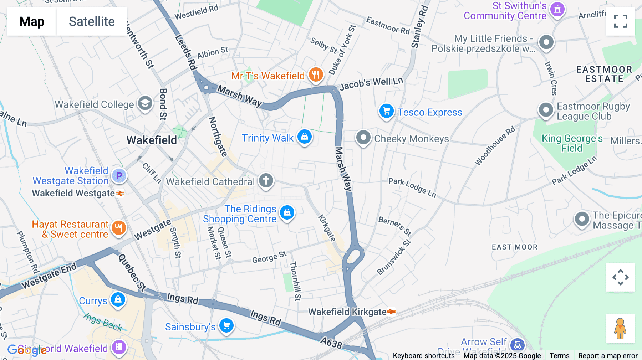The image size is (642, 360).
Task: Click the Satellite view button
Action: click(92, 21)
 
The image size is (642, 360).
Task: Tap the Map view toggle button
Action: click(32, 21)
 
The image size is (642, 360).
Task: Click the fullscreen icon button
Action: click(620, 21)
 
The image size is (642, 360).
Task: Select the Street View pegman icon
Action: click(620, 328)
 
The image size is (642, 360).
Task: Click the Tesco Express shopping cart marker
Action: click(386, 111)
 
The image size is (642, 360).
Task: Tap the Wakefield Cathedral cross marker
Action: click(266, 180)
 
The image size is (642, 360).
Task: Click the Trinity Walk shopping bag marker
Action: click(305, 137)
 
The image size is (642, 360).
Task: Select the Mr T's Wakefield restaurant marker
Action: click(316, 75)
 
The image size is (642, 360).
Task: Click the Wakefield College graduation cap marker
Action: click(145, 103)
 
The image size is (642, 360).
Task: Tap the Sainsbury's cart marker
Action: click(226, 325)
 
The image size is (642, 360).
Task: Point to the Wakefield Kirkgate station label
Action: click(347, 312)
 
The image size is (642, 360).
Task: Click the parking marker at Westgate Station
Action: click(119, 175)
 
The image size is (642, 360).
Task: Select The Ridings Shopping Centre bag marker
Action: click(287, 213)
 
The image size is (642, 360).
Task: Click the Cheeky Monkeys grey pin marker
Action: click(363, 138)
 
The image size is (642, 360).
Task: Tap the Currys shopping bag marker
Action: click(118, 300)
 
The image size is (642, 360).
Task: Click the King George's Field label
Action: click(572, 143)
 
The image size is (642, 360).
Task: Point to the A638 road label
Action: click(331, 343)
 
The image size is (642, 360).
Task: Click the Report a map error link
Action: click(608, 356)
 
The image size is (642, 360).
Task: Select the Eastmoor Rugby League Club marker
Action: click(546, 110)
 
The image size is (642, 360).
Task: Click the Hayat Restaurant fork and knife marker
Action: click(119, 228)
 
